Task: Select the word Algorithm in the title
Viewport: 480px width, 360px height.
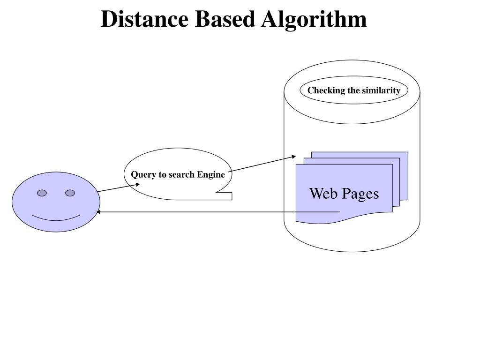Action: [315, 19]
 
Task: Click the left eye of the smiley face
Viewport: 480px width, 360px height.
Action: [42, 193]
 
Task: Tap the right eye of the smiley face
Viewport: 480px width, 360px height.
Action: [70, 193]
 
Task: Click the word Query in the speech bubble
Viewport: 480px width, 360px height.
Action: [142, 175]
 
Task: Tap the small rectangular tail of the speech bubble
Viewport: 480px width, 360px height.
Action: [225, 196]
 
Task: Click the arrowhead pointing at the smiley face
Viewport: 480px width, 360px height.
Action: [98, 212]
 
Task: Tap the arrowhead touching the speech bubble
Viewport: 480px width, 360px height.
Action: [138, 184]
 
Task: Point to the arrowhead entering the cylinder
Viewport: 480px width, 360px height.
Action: [294, 157]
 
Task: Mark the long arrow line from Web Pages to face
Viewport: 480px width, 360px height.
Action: [216, 212]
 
